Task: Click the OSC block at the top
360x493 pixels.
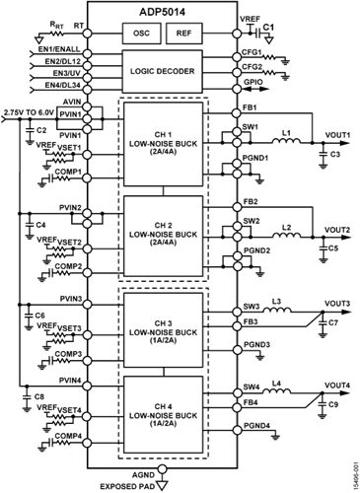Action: pos(139,33)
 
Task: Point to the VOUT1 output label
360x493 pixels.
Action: pos(337,135)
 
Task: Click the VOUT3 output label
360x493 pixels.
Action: pos(337,303)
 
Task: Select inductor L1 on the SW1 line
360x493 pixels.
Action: pos(288,131)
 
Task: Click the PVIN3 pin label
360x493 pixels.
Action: pos(69,297)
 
